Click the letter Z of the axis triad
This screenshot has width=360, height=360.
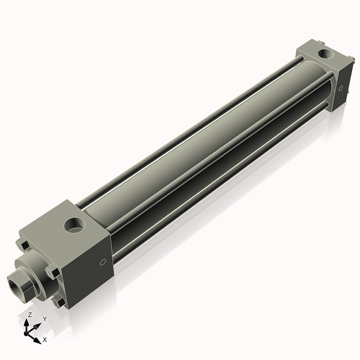29,315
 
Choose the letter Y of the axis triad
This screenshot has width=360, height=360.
44,318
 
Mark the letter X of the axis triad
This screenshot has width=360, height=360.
45,338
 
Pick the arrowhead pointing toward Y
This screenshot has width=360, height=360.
37,324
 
